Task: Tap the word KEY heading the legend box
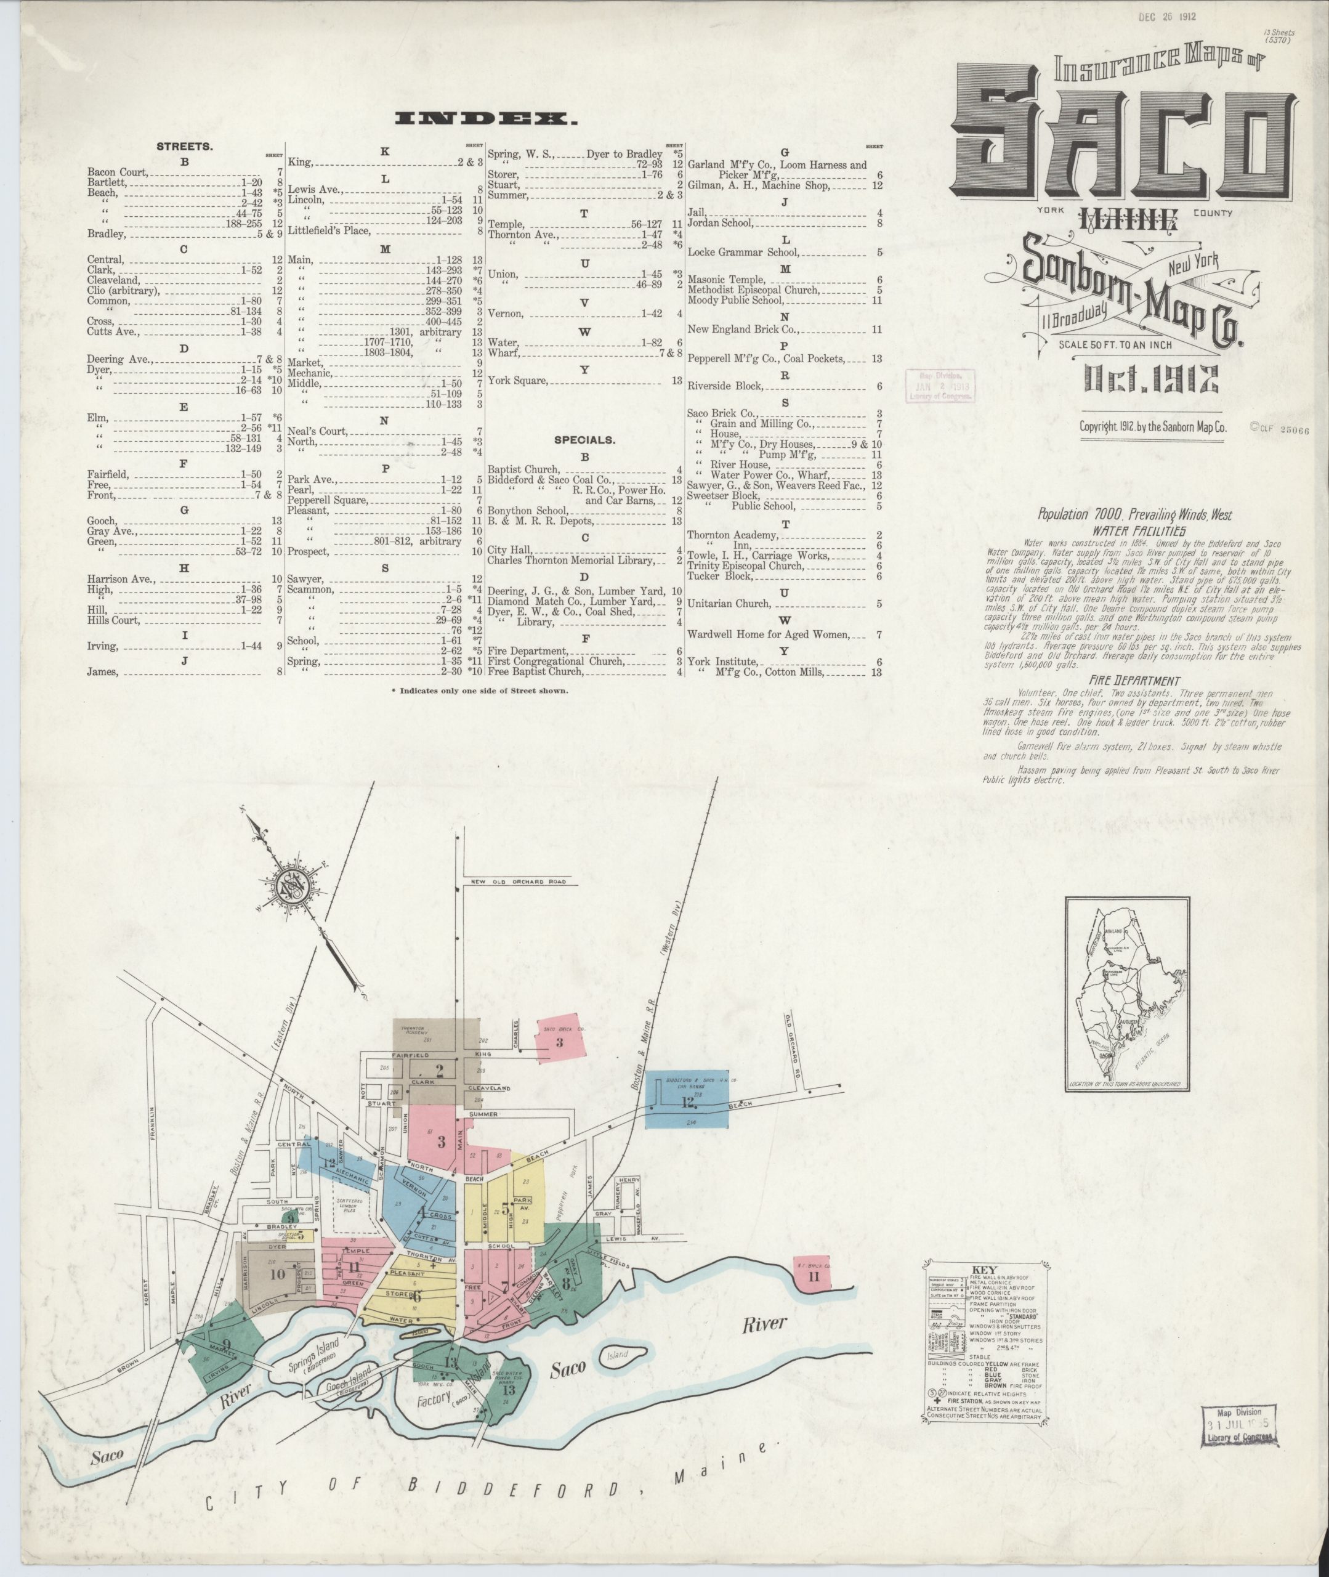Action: point(984,1269)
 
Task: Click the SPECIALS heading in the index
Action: point(584,440)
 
